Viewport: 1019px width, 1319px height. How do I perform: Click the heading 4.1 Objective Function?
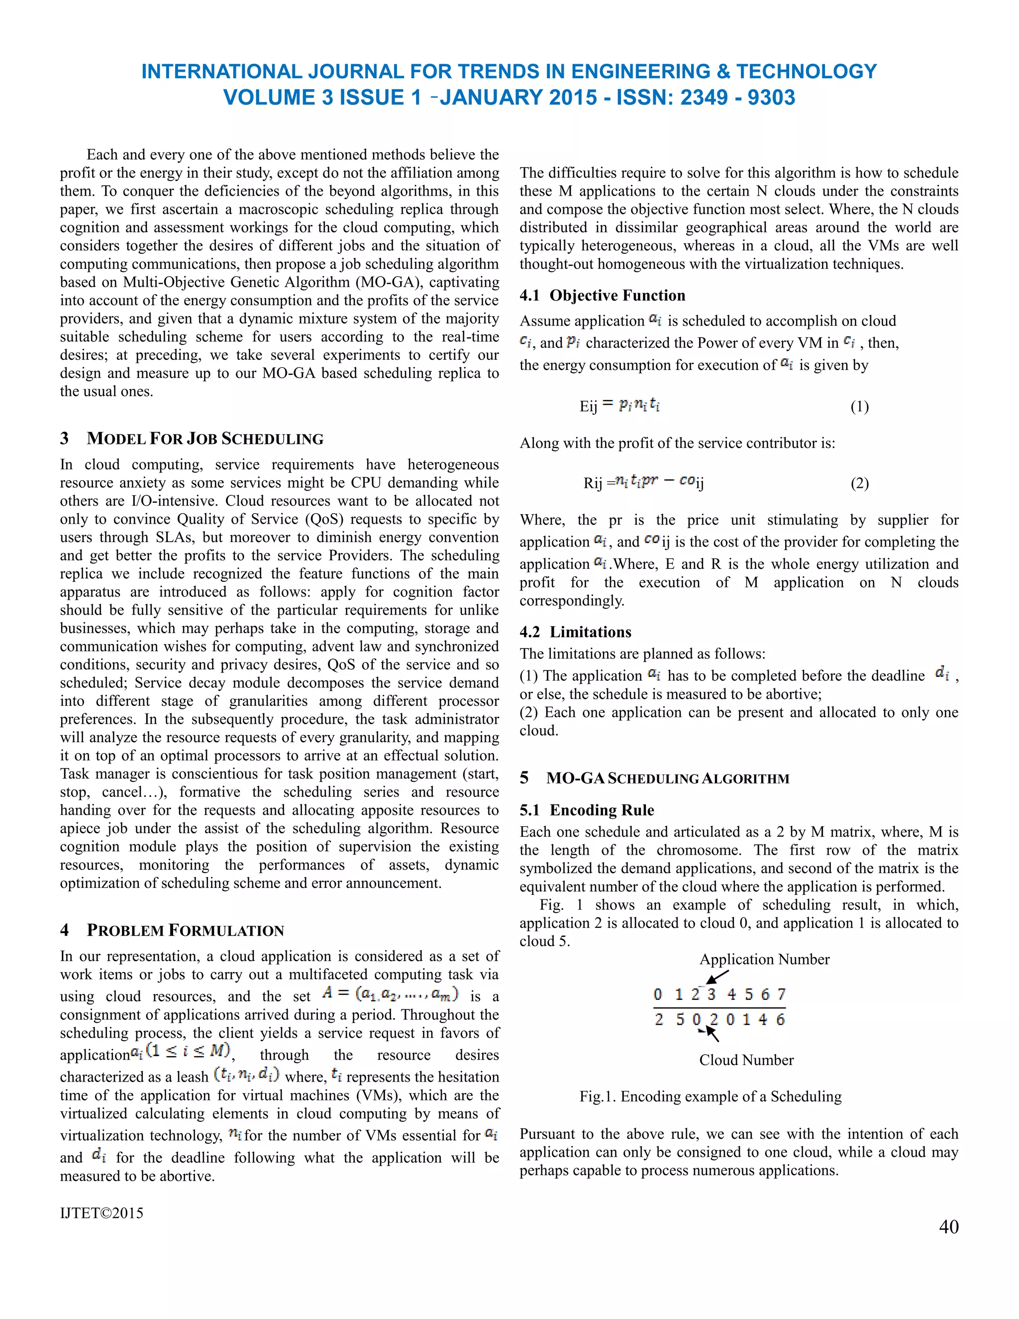602,295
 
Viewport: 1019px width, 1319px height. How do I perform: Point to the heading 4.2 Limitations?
575,632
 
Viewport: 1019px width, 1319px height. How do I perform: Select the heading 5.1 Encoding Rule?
586,810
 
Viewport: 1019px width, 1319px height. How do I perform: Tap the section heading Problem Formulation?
185,930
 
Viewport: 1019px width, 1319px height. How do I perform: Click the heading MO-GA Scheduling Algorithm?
667,778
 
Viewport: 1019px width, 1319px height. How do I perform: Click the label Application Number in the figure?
764,959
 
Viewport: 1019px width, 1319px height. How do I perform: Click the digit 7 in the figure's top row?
781,994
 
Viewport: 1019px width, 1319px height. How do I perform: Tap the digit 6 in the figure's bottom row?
780,1019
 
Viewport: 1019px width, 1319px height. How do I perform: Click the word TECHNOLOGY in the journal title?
806,71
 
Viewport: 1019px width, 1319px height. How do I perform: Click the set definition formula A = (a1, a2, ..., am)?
390,993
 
